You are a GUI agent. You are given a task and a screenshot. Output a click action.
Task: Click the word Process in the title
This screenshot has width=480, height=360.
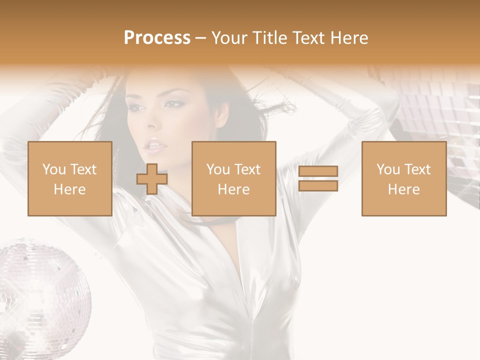157,38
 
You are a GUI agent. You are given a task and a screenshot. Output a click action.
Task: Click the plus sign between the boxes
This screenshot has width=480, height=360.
152,179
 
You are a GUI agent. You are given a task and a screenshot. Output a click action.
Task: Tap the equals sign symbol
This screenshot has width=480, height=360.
318,178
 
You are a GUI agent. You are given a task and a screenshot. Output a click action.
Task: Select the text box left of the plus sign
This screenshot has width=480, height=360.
70,178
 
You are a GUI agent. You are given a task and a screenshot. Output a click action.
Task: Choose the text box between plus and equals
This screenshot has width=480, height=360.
233,178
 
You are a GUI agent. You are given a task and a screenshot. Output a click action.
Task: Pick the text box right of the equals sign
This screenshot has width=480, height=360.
404,178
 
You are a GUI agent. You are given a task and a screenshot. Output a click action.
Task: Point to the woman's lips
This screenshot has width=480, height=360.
155,146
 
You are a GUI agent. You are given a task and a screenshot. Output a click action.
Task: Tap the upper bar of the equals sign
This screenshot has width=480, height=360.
318,171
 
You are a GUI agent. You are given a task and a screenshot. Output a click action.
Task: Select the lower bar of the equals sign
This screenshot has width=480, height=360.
318,186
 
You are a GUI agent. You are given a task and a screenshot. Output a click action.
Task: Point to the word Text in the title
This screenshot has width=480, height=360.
307,38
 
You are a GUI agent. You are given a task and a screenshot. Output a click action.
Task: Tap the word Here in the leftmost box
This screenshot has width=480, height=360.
70,189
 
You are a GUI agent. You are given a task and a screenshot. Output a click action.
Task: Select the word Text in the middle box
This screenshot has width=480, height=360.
247,169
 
